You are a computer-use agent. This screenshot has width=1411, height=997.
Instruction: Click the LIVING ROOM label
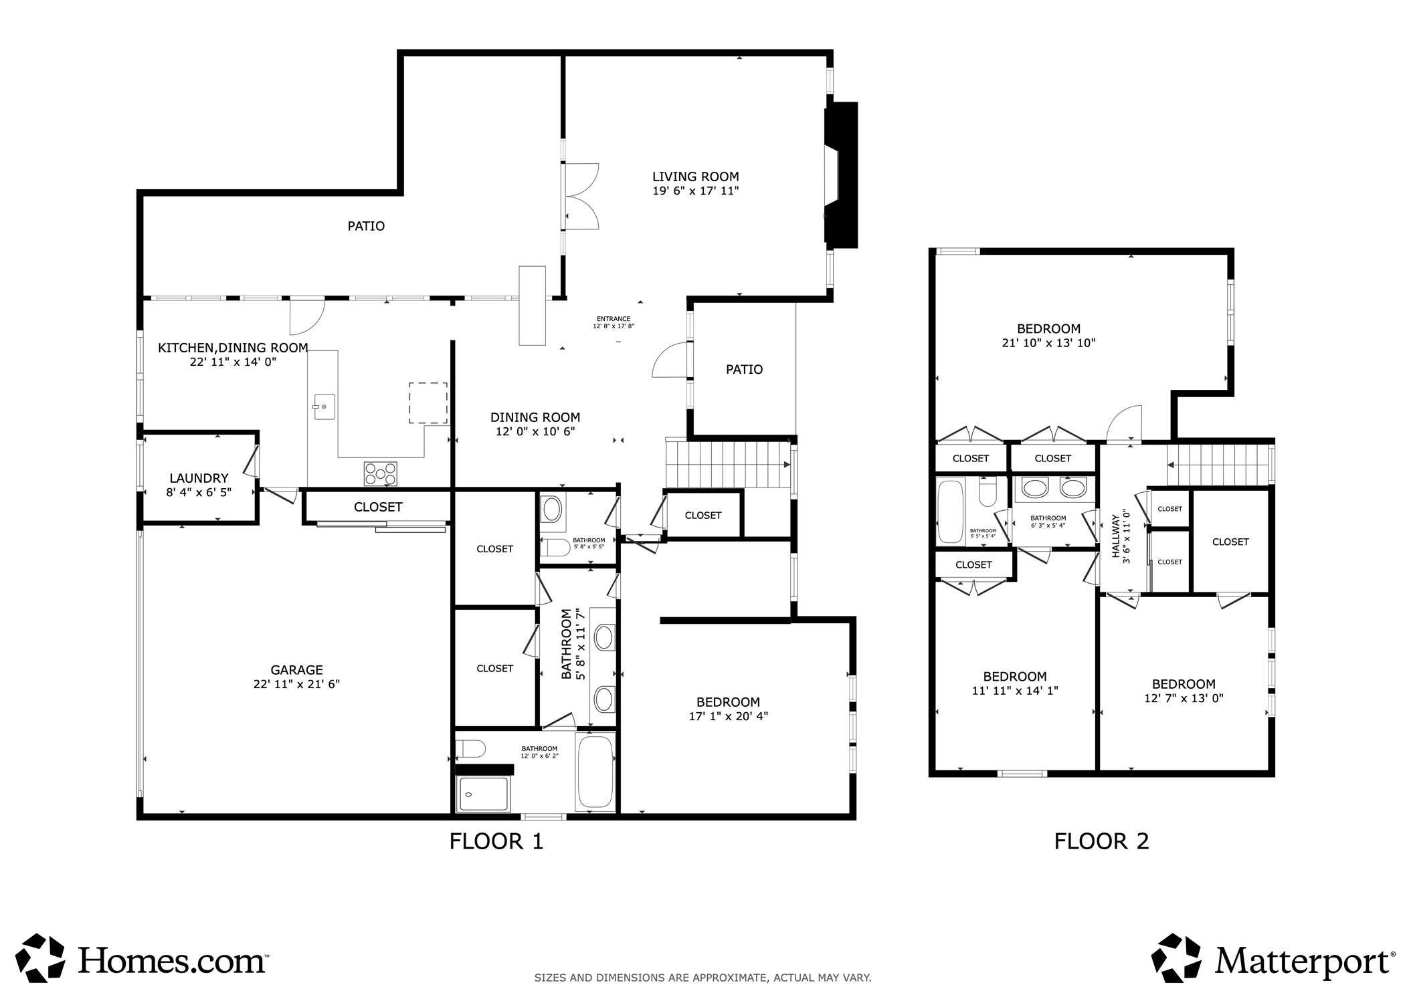click(x=695, y=177)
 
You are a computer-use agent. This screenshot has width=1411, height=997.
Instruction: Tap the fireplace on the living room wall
click(x=840, y=175)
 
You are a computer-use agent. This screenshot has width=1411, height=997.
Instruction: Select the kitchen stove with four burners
click(x=380, y=473)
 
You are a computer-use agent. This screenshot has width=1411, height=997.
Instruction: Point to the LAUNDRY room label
click(x=199, y=478)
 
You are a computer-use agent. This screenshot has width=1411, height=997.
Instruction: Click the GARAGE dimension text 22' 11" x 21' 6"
click(x=296, y=684)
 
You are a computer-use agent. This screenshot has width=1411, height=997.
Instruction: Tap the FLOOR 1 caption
click(x=496, y=841)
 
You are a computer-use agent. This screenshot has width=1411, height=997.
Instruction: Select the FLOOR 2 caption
click(x=1101, y=841)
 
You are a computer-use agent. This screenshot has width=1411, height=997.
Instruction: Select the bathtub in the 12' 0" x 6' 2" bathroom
click(x=595, y=771)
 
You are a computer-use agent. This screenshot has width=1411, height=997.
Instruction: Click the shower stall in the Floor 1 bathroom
click(x=483, y=794)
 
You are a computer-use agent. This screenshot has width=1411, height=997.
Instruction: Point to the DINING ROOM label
click(x=535, y=417)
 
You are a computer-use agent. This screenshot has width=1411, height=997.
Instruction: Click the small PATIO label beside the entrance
click(x=744, y=369)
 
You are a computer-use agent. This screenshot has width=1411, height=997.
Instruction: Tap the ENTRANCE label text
click(x=613, y=319)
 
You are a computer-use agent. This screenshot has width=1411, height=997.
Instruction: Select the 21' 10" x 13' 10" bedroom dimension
click(x=1048, y=343)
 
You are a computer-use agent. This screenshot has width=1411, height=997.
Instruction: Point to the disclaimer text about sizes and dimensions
click(x=702, y=978)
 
